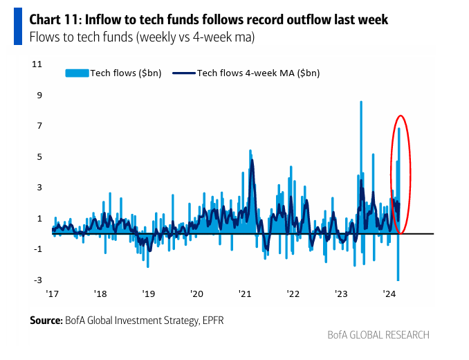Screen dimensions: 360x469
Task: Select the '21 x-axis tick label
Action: point(245,294)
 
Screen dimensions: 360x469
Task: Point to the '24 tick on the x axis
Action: point(389,294)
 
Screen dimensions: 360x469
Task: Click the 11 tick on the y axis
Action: point(38,64)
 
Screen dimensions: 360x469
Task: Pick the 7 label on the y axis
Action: point(40,126)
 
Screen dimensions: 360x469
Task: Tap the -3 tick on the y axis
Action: point(39,280)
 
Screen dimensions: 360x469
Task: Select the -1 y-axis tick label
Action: point(39,249)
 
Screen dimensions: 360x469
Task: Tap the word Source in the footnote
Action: point(46,320)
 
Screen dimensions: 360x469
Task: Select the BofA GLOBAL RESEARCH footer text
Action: point(378,335)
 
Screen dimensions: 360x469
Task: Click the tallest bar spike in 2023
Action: point(361,102)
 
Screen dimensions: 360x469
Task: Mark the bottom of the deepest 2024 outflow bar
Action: point(398,280)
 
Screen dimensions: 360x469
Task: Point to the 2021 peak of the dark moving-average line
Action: point(252,161)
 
